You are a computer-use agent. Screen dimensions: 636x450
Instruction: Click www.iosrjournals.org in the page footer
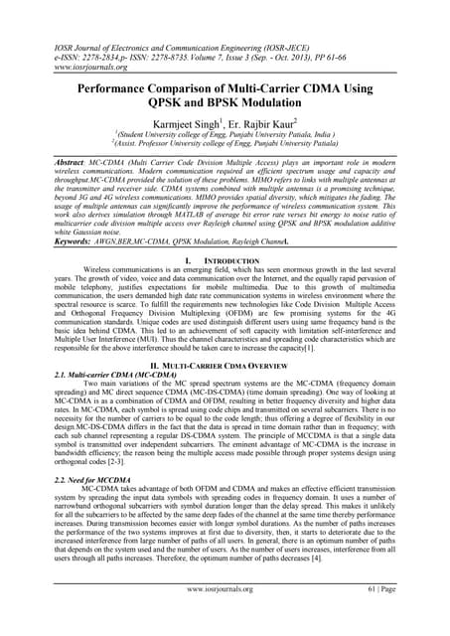pos(225,616)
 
